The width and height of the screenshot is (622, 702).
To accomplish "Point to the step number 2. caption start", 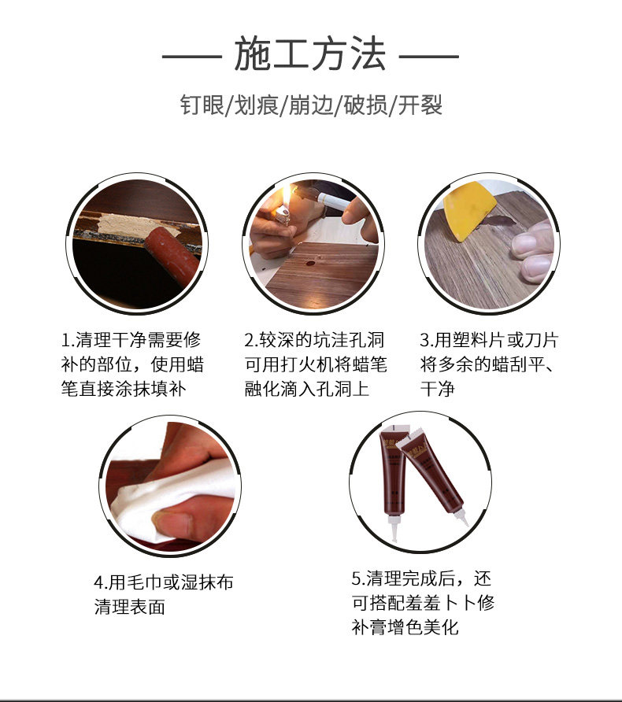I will click(x=251, y=342).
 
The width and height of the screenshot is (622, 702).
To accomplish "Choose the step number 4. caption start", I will click(x=101, y=583).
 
